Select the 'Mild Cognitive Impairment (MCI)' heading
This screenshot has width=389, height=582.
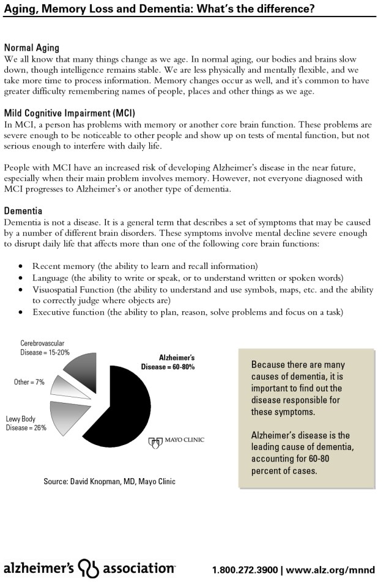pyautogui.click(x=69, y=113)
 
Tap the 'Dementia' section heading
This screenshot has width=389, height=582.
pyautogui.click(x=23, y=211)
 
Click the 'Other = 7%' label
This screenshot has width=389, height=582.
pyautogui.click(x=29, y=382)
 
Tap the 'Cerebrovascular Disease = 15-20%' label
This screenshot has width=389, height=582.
pyautogui.click(x=45, y=348)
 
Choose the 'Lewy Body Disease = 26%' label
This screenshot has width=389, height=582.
pyautogui.click(x=26, y=423)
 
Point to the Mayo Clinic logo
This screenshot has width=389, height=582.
pyautogui.click(x=177, y=440)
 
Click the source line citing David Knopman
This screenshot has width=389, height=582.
pyautogui.click(x=109, y=482)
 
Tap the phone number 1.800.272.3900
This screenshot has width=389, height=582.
pyautogui.click(x=244, y=570)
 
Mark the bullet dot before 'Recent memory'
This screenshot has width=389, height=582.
pyautogui.click(x=21, y=267)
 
